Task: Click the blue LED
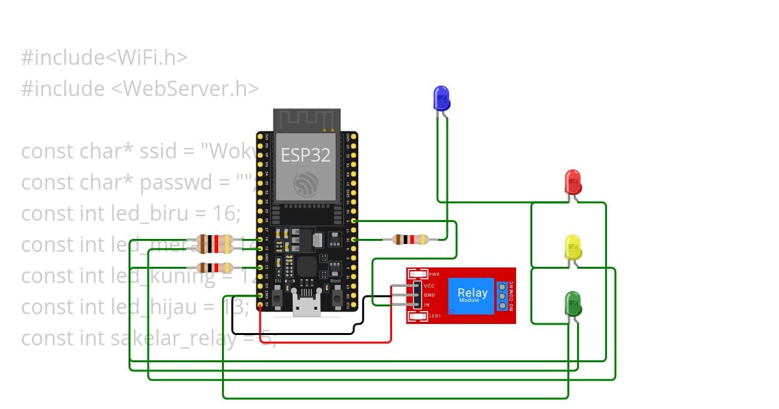click(x=441, y=97)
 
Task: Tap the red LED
click(x=573, y=181)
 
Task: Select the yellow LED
click(x=573, y=247)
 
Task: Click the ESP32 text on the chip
click(x=305, y=155)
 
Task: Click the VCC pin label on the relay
click(x=429, y=286)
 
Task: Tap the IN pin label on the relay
click(x=427, y=304)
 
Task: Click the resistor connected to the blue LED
click(x=410, y=240)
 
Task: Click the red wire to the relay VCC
click(x=325, y=341)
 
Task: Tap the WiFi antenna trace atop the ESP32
click(x=306, y=120)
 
